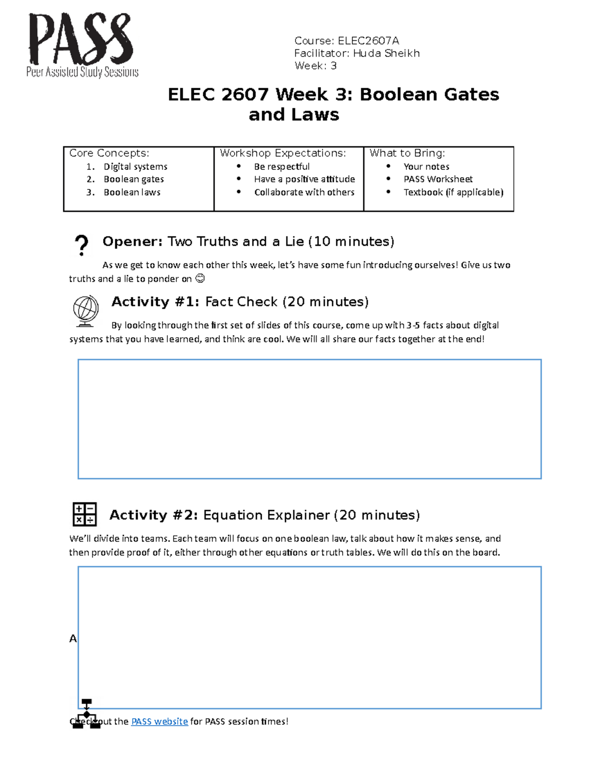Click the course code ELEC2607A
point(368,41)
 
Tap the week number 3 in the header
point(333,66)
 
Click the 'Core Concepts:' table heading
point(109,153)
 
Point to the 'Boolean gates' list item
point(134,179)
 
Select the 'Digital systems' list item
point(135,167)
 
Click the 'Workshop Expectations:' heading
point(283,153)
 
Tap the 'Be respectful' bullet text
point(282,167)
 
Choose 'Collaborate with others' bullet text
point(304,192)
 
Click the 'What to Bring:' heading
point(407,153)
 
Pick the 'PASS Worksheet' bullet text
point(438,179)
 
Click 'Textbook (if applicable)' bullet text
point(453,192)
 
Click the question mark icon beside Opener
point(81,245)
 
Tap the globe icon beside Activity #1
point(85,311)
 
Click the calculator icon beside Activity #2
point(84,514)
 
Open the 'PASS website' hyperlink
point(160,721)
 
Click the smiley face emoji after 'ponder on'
point(200,279)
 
